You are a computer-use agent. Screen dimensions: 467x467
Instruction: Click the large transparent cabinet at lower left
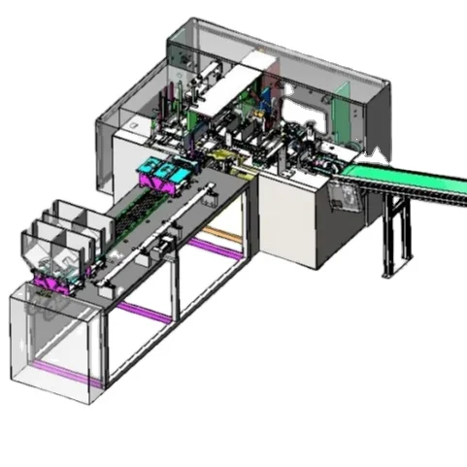[x=53, y=335]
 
